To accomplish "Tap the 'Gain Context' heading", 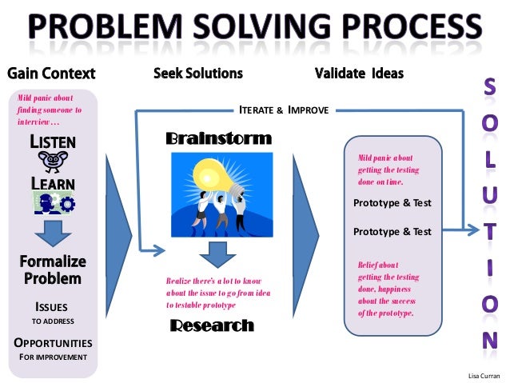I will coord(51,74).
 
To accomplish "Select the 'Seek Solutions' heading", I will coord(197,74).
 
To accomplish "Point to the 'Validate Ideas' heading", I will coord(359,74).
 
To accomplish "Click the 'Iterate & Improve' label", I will coord(284,110).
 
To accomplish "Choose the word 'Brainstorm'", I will coord(218,139).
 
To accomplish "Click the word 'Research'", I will coord(212,326).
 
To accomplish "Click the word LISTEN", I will coord(53,142).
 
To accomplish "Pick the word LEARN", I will coord(53,184).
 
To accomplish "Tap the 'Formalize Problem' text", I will coord(53,270).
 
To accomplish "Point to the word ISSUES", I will coord(52,307).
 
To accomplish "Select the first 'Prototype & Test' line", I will coord(392,203).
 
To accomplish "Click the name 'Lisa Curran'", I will coord(483,374).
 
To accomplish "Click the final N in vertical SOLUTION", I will coord(488,338).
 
